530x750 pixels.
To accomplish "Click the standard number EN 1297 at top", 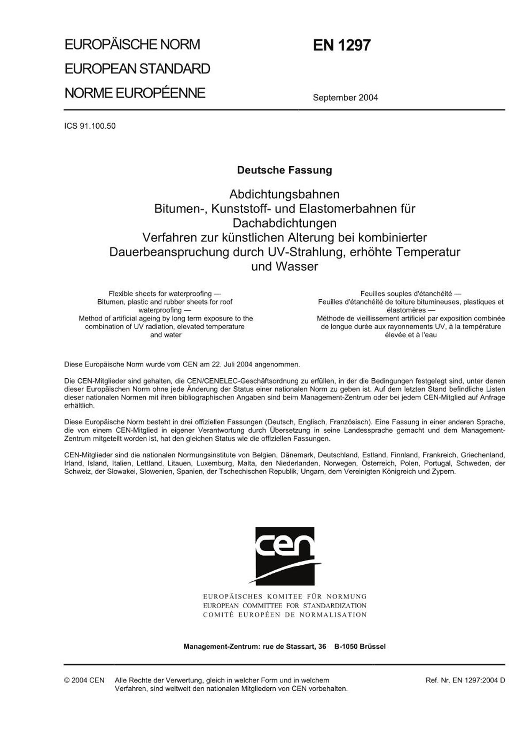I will point(341,46).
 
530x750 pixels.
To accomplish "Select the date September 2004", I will point(345,98).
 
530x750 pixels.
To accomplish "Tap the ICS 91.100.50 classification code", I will point(90,126).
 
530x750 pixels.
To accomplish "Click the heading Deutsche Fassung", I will point(284,170).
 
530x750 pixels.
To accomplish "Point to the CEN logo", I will point(285,556).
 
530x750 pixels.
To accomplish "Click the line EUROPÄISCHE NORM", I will point(132,45).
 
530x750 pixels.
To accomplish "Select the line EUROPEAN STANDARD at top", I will point(137,69).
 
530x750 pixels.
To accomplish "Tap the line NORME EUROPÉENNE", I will point(135,93).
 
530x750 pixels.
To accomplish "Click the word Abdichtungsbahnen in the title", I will point(284,194).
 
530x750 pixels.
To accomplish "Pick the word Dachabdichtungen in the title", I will point(284,223).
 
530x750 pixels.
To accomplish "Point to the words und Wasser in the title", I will point(284,266).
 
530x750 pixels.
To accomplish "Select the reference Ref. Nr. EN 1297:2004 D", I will point(465,680).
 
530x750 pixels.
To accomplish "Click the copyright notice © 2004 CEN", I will point(84,680).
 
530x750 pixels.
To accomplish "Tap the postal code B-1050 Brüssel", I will point(360,646).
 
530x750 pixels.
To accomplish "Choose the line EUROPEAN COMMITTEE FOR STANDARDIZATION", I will point(285,605).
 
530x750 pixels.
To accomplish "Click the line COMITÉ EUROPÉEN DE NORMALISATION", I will point(285,615).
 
